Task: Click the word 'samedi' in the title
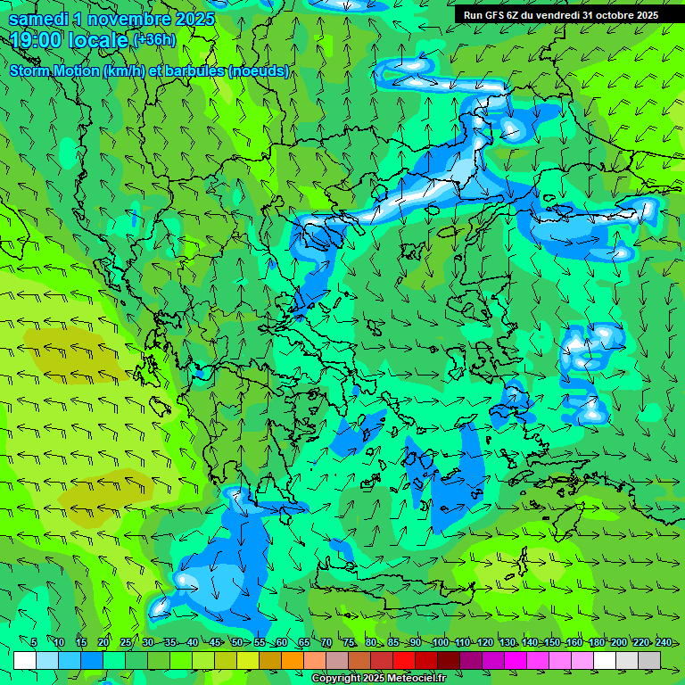[38, 19]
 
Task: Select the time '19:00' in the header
[39, 40]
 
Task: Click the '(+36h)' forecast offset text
[154, 39]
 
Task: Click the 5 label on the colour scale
[34, 642]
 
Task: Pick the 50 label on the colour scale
[236, 642]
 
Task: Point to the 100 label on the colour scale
[440, 642]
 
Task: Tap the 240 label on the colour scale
[664, 642]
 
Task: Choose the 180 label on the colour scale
[597, 642]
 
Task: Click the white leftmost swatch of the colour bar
[25, 659]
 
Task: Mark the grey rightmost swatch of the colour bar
[649, 659]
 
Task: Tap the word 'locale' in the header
[98, 40]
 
